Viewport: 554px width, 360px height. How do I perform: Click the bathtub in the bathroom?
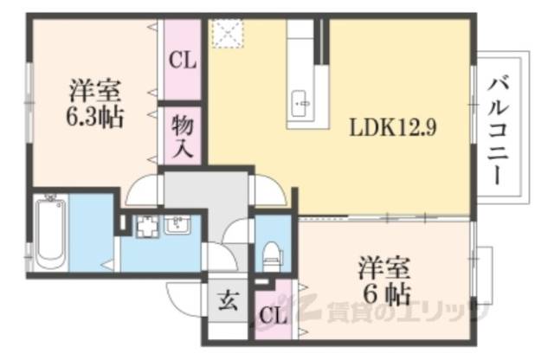[x=52, y=231]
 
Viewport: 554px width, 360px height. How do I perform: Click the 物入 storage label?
[x=182, y=133]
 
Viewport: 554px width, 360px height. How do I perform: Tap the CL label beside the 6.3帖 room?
[x=183, y=61]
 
